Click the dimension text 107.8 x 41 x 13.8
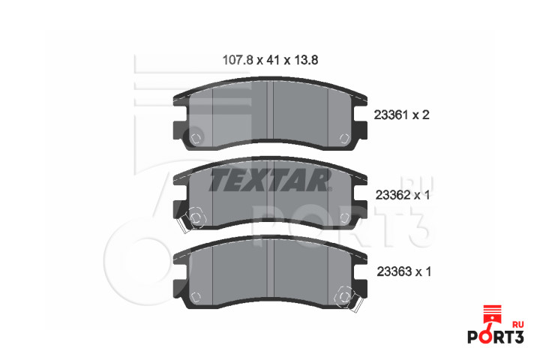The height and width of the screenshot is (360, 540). [x=270, y=60]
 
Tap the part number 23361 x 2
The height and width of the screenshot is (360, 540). [x=401, y=115]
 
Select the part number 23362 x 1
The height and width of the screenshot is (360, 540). [x=403, y=195]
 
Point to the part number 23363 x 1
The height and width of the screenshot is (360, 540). [x=404, y=271]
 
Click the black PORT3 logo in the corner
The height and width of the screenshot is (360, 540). [x=496, y=337]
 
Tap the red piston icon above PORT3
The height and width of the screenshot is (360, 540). [x=492, y=314]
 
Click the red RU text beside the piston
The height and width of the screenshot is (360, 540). [x=518, y=325]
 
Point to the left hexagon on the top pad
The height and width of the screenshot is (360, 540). [x=196, y=139]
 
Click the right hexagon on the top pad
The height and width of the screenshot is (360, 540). [x=344, y=139]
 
